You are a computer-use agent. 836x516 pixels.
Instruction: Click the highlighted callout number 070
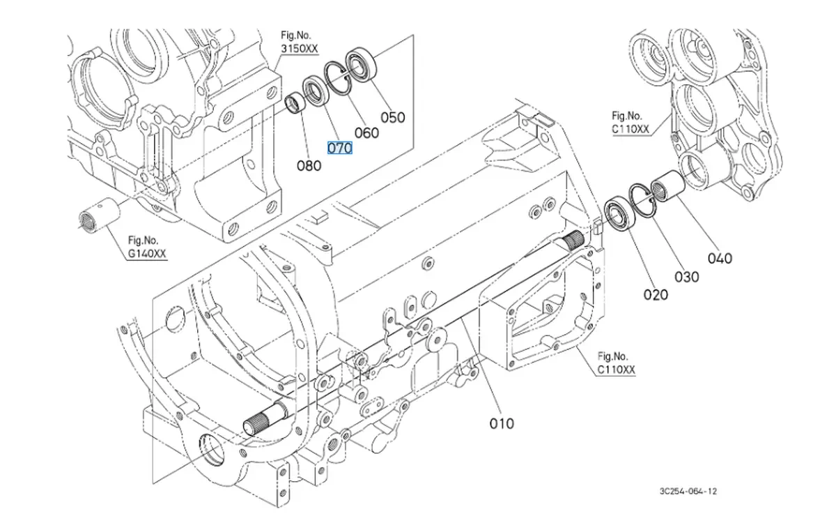(341, 148)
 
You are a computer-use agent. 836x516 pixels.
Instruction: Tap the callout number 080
(309, 166)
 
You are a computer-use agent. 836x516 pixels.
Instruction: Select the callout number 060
(366, 133)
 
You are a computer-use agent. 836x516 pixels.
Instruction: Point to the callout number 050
(392, 117)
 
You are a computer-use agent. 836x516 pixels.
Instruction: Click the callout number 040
(720, 258)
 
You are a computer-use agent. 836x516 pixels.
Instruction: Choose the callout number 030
(686, 277)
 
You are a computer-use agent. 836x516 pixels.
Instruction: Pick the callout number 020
(655, 294)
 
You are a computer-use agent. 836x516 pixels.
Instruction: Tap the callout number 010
(501, 423)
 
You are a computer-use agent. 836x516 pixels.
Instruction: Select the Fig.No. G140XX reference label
(147, 248)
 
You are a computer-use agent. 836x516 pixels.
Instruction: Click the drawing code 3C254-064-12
(688, 491)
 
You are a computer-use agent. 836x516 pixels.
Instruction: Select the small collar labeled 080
(294, 105)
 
